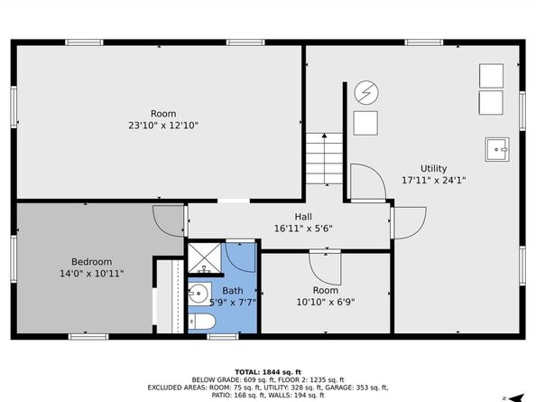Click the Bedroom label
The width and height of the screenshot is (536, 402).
92,262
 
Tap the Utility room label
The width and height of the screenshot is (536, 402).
433,169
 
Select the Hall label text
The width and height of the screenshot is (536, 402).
303,217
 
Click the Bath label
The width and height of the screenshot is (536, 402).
233,291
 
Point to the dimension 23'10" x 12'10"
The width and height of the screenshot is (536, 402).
163,126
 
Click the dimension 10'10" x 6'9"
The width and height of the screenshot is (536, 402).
326,302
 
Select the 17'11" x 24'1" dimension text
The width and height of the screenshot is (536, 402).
433,180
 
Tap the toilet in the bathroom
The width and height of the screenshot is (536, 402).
202,322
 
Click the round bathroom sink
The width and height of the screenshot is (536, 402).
198,294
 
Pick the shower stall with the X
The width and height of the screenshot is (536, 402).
205,257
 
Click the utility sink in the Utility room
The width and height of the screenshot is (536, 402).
497,150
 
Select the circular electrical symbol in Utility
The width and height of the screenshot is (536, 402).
366,92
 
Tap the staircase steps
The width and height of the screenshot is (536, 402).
324,158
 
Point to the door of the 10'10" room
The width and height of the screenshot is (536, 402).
325,267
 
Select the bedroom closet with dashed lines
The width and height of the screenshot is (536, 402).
171,296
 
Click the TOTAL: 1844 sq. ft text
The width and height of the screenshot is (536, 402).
268,372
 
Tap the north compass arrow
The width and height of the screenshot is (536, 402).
516,397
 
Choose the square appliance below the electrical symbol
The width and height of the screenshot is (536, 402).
365,123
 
